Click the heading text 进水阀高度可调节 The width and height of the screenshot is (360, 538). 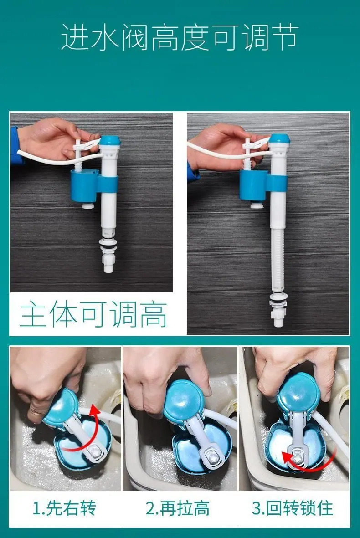[180, 37]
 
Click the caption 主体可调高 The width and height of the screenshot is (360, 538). [93, 314]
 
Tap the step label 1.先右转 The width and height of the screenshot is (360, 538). [64, 508]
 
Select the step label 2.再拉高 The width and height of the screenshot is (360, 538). [178, 508]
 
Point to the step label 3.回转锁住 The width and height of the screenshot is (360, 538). [293, 508]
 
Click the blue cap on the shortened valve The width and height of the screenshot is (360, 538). [110, 140]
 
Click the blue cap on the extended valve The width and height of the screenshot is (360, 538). [279, 138]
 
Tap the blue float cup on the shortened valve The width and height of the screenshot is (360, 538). [84, 185]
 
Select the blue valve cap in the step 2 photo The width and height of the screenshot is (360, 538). [184, 400]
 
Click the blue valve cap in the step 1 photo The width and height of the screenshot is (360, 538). [61, 407]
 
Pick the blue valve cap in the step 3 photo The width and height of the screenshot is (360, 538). [298, 392]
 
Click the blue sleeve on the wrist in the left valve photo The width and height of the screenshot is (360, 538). [15, 146]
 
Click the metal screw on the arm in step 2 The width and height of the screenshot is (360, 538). [212, 456]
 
